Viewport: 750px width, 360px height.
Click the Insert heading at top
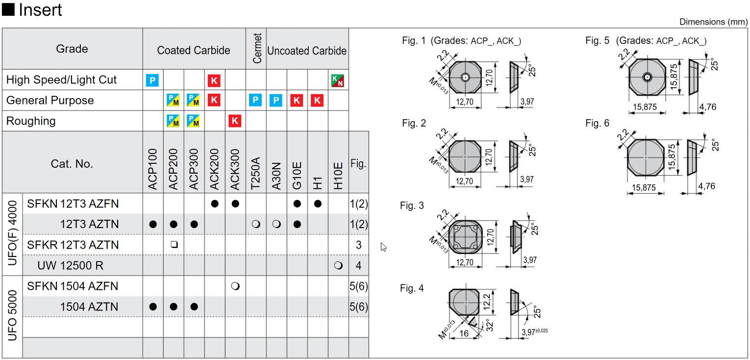(x=40, y=10)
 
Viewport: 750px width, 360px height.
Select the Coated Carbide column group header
(x=194, y=51)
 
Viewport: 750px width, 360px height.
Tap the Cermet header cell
(x=257, y=49)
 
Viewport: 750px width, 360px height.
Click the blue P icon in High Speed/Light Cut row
(x=152, y=80)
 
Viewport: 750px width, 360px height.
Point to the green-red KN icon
(x=338, y=80)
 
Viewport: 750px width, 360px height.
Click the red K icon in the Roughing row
(x=235, y=121)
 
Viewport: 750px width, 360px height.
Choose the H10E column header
(x=338, y=175)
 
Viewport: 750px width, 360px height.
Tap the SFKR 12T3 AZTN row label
(x=73, y=245)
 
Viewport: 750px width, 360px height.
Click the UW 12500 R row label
(x=70, y=265)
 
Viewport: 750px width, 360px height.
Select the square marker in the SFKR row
(x=174, y=245)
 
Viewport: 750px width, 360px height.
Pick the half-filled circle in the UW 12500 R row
(x=338, y=265)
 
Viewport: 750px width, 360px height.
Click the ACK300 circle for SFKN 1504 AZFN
(x=235, y=286)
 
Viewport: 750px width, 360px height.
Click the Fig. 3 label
(x=412, y=206)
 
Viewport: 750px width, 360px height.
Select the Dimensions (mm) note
(x=713, y=22)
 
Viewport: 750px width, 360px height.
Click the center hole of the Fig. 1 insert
(x=465, y=77)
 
